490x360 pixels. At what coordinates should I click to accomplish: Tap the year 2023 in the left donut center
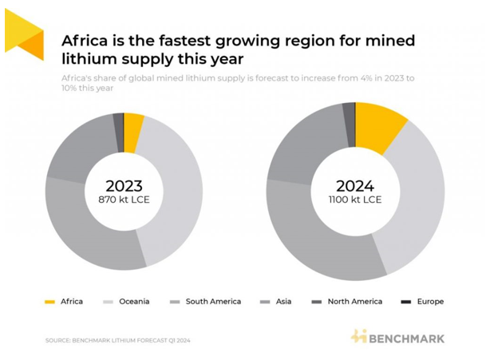tap(124, 186)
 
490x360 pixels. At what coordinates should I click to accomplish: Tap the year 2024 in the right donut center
tap(355, 186)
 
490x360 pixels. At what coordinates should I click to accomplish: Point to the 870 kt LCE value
tap(124, 200)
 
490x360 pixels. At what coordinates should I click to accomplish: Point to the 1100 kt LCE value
tap(355, 200)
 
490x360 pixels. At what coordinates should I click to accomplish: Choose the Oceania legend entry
tap(133, 302)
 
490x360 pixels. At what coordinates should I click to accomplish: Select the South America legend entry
tap(213, 302)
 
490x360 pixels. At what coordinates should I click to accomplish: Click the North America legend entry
tap(354, 302)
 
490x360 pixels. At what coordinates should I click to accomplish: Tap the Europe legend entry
tap(430, 302)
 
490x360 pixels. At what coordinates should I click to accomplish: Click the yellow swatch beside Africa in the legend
tap(49, 302)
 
